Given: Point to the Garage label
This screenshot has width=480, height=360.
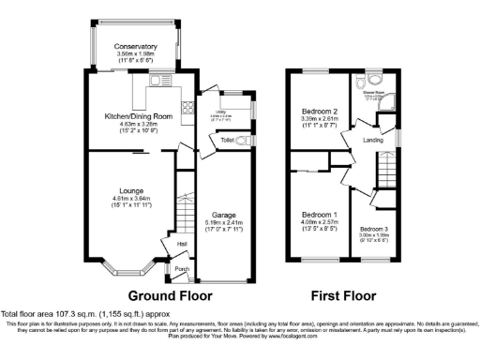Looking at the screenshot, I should coord(222,215).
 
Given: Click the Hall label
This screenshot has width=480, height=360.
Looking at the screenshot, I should coord(169,244).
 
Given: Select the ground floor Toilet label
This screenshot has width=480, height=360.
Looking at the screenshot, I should coord(226,140).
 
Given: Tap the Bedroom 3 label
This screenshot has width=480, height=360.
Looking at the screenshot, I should coord(373,228).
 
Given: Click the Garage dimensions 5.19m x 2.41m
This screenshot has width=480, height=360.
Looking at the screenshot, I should coord(222,222).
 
